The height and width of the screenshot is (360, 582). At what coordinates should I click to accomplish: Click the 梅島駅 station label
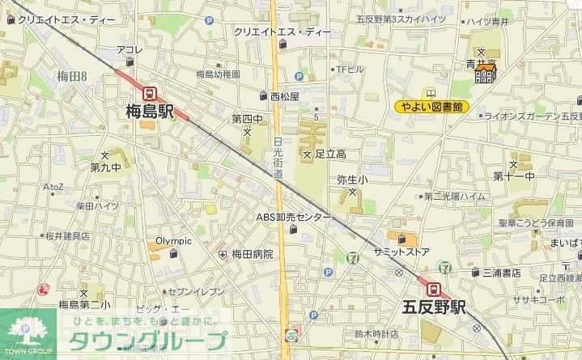tap(150, 112)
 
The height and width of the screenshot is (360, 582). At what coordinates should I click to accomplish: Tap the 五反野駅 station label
tap(435, 307)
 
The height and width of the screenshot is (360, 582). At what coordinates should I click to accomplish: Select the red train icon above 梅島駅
tap(150, 93)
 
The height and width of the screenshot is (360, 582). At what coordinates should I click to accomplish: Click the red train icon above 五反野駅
tap(434, 289)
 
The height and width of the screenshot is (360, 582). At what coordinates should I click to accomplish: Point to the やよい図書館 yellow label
tap(432, 106)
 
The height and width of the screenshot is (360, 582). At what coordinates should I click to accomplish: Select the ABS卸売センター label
tap(294, 218)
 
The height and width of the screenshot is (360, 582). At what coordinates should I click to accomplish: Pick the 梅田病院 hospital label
tap(252, 254)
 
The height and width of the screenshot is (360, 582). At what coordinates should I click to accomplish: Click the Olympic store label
tap(173, 240)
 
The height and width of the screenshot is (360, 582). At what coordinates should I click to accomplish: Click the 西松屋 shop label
tap(284, 95)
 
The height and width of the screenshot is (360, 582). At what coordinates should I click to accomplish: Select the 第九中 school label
tap(105, 167)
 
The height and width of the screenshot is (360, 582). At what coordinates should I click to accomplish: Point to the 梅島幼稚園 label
tap(218, 74)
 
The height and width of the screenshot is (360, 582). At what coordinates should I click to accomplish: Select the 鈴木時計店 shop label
tap(377, 333)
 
